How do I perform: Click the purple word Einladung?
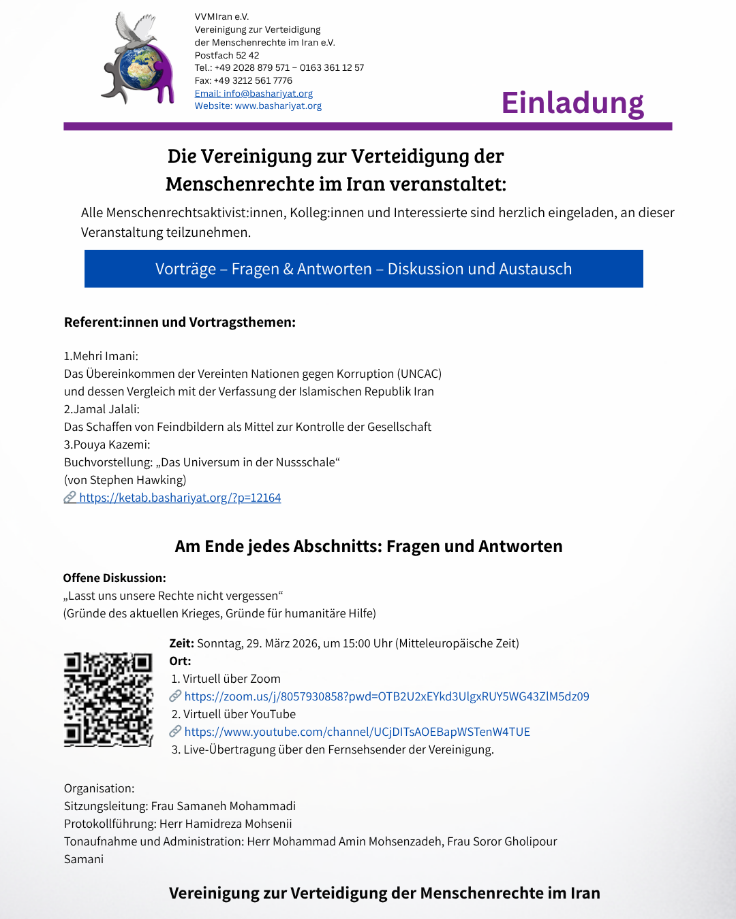pos(572,103)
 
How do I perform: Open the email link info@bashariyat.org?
pos(254,93)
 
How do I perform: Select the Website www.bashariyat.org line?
pos(258,106)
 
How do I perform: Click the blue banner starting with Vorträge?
pos(363,269)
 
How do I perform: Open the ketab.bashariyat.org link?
pos(179,498)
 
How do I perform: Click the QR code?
pos(108,699)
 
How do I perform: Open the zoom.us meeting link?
pos(386,696)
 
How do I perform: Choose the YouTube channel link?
pos(356,732)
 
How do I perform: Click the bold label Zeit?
pos(181,643)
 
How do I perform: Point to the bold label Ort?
pos(180,661)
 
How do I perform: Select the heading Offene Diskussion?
pos(114,578)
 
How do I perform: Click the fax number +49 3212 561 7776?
pos(253,80)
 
